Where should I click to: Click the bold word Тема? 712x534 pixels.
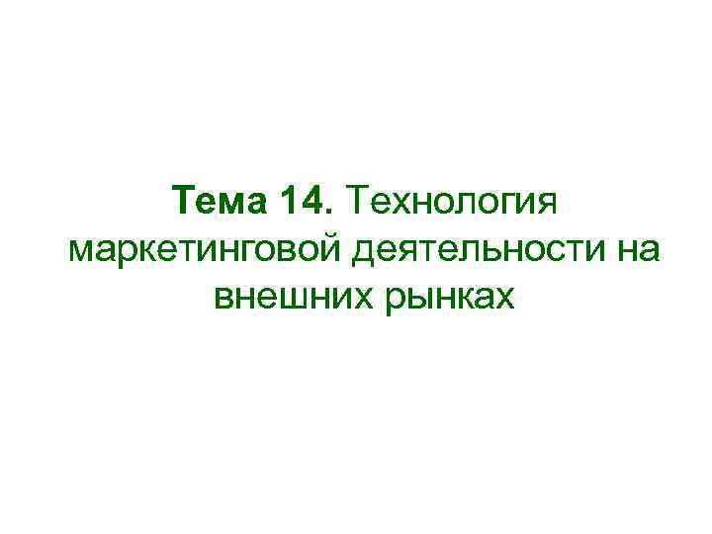218,202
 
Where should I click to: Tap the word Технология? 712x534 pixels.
452,204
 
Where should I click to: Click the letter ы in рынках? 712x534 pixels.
413,296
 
